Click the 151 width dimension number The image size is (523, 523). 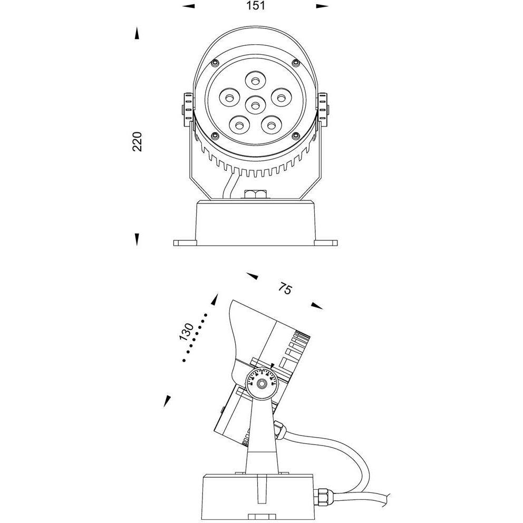coord(255,6)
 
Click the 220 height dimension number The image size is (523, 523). coord(138,141)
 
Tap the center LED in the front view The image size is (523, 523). coord(256,105)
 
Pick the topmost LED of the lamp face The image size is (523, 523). coord(256,81)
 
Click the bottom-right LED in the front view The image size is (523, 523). coord(271,125)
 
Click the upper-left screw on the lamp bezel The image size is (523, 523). coord(214,63)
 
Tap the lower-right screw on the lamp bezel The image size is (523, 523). coord(296,136)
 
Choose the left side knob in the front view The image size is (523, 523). coord(186,110)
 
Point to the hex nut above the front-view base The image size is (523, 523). coord(256,194)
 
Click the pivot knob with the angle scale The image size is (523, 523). coord(261,382)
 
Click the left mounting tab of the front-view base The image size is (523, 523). coord(184,243)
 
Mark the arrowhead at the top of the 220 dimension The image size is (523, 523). coord(137,34)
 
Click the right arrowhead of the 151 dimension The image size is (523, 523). coord(322,6)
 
